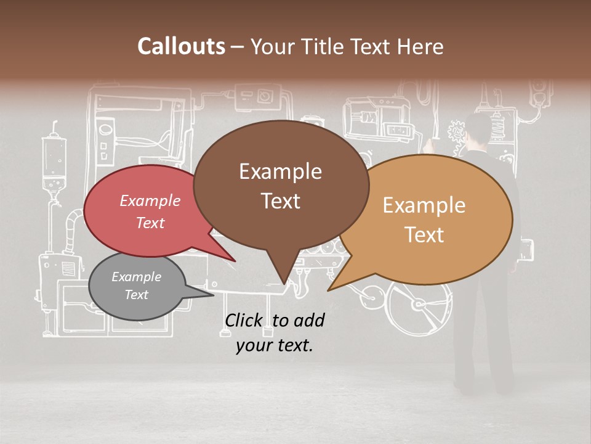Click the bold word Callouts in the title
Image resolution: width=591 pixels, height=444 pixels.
coord(181,46)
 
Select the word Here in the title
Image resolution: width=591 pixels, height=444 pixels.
coord(420,46)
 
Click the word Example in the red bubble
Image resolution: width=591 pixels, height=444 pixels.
coord(150,201)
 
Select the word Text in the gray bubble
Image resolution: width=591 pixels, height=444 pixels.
coord(136,295)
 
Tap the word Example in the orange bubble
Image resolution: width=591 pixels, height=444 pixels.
coord(424,205)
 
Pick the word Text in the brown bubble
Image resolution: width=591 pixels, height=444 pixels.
coord(281,201)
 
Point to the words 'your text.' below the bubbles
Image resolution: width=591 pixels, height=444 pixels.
coord(274,345)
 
